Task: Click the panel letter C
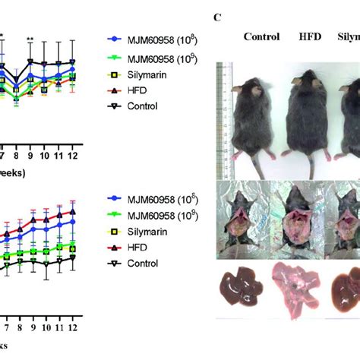(x=218, y=13)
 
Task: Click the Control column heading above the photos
(x=262, y=36)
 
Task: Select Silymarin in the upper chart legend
(x=148, y=75)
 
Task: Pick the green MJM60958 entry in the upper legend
(x=155, y=58)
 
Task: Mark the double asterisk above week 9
(x=30, y=39)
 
